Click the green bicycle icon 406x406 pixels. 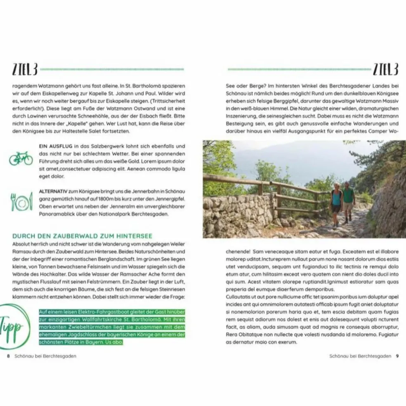[21, 158]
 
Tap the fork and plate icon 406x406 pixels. [21, 202]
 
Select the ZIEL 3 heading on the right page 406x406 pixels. [385, 70]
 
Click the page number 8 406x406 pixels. [8, 356]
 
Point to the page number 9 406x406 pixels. [397, 356]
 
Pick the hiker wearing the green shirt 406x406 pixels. [349, 201]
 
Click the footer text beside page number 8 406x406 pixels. [45, 356]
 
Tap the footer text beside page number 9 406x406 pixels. [360, 356]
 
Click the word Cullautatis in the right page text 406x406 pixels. [240, 297]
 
